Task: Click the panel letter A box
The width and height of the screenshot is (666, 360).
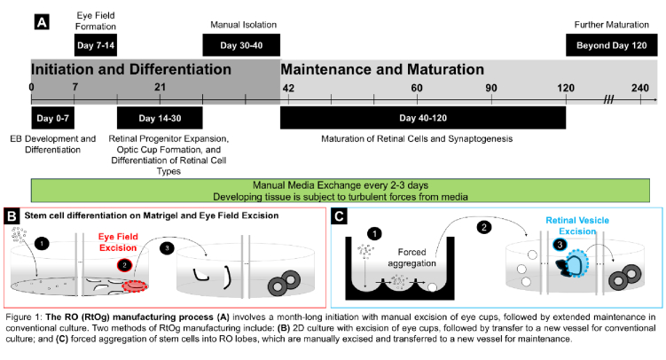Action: [x=42, y=21]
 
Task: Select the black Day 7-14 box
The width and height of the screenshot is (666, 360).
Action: [x=96, y=45]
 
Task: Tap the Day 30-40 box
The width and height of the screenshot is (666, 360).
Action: [x=241, y=45]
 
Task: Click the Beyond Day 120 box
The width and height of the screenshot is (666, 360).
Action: [x=612, y=45]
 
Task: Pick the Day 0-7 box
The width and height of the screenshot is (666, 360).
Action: [x=52, y=118]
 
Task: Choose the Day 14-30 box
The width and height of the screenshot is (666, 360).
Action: [x=160, y=118]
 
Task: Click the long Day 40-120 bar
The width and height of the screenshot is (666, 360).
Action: [x=423, y=118]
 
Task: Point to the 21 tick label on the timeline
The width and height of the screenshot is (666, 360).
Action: [x=161, y=87]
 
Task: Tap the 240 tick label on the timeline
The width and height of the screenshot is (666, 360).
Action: [x=640, y=88]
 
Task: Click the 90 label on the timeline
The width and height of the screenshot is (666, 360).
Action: [x=491, y=88]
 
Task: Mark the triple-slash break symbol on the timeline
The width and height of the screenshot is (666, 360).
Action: [x=608, y=100]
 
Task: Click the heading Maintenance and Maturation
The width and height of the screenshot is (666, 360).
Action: [x=382, y=69]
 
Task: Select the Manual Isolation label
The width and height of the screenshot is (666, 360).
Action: [x=243, y=25]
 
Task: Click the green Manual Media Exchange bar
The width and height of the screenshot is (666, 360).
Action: [x=341, y=191]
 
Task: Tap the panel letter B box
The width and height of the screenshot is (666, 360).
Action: [x=12, y=216]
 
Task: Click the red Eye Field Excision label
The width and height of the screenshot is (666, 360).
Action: [x=118, y=242]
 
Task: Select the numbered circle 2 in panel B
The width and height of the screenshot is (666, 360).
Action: [x=124, y=265]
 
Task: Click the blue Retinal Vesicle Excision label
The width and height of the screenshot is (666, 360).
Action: [x=577, y=225]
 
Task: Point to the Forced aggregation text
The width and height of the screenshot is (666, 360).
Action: [x=411, y=257]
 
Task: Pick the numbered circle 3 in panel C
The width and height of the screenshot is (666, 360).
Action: [x=560, y=245]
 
